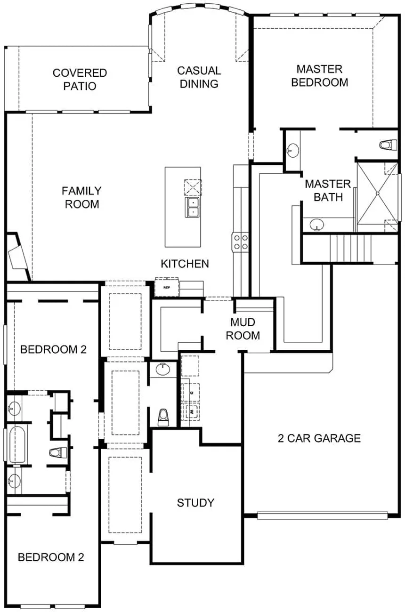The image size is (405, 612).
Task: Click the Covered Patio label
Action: click(80, 80)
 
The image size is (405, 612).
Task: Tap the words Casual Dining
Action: click(198, 77)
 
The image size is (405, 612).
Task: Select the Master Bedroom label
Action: click(319, 75)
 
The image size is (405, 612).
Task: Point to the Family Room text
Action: click(81, 197)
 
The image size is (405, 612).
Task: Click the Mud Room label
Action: click(243, 329)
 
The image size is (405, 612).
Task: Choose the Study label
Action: click(195, 503)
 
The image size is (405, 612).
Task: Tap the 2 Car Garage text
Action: click(319, 439)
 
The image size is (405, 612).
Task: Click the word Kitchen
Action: click(185, 263)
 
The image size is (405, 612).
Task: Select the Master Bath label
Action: click(328, 190)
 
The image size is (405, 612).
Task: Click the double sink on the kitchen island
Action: click(192, 207)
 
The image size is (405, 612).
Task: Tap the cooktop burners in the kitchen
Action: click(240, 242)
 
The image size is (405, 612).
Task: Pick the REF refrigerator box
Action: click(166, 287)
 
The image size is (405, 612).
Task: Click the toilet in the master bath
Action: click(386, 145)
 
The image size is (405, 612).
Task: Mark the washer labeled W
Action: click(192, 411)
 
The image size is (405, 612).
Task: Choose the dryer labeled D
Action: click(192, 391)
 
